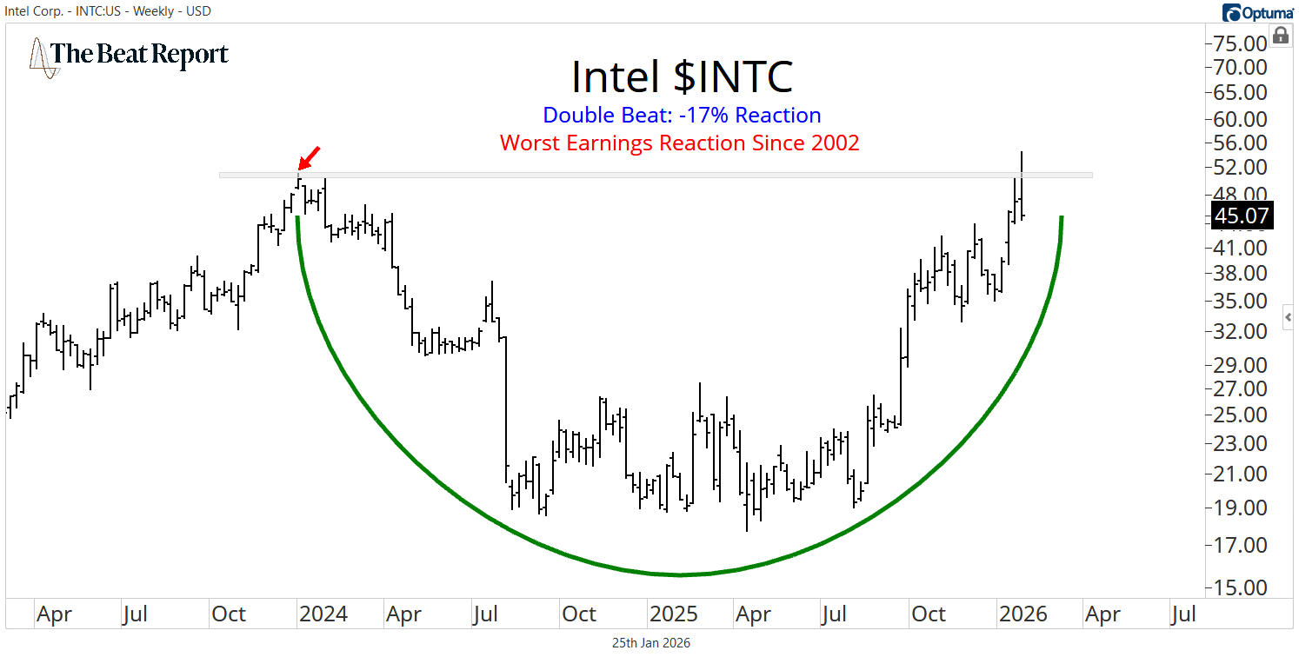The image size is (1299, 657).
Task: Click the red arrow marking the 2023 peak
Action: [308, 158]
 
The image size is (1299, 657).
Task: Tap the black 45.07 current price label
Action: [1242, 215]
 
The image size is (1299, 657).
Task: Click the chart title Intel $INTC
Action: [682, 77]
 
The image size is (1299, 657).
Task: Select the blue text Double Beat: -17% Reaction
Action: [682, 116]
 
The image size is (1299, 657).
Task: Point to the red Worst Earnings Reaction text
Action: [680, 143]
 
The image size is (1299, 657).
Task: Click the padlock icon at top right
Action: [1280, 36]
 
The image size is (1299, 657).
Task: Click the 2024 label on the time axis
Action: [323, 614]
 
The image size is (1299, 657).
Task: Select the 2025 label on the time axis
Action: [674, 614]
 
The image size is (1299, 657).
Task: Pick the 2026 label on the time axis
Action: [1023, 614]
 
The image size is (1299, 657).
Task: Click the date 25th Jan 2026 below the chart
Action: [650, 643]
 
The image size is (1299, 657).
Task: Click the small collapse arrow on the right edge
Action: [1288, 317]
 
